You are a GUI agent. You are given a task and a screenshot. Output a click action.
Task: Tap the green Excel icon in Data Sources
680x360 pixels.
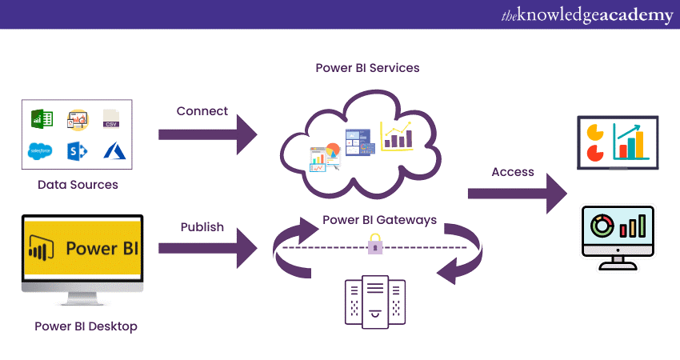(41, 119)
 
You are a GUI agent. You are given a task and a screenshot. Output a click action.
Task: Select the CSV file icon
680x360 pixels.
(111, 119)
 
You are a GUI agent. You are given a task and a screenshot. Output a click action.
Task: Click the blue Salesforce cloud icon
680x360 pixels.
(40, 150)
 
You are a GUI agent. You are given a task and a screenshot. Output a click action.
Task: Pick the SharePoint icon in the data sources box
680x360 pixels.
(77, 150)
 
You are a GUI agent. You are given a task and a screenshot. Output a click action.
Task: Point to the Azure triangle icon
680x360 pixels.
(111, 150)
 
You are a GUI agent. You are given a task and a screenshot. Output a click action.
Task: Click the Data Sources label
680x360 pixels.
(78, 185)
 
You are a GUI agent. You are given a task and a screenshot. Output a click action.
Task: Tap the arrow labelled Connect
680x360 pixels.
(207, 133)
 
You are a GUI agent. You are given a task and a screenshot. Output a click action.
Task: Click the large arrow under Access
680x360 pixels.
(517, 193)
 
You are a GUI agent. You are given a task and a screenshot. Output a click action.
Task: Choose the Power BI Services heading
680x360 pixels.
(367, 68)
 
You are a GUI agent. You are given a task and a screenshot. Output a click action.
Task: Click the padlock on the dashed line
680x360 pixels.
(374, 245)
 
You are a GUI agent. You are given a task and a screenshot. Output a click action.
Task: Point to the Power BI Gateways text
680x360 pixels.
(379, 219)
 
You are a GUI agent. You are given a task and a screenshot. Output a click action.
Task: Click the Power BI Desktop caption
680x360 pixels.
(86, 326)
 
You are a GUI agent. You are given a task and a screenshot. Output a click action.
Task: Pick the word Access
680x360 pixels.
(513, 172)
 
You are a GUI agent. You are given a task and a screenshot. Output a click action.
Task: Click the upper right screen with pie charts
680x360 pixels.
(617, 142)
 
